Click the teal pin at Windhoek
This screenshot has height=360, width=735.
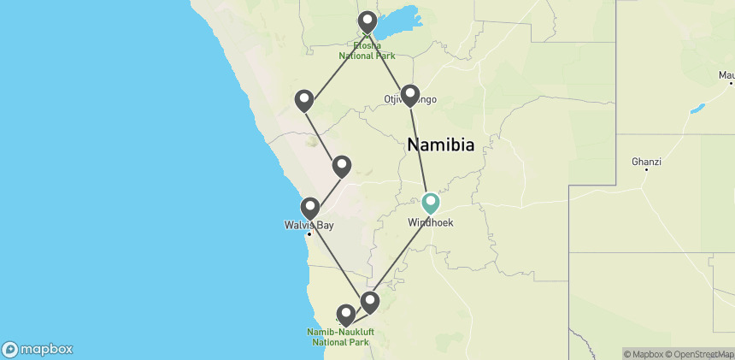pyautogui.click(x=431, y=202)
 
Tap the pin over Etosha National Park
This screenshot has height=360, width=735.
pyautogui.click(x=367, y=21)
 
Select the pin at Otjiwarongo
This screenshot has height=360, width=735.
pyautogui.click(x=410, y=94)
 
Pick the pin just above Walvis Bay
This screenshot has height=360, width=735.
pyautogui.click(x=310, y=207)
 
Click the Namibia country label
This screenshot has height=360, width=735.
pyautogui.click(x=440, y=145)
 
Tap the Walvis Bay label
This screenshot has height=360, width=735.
pyautogui.click(x=309, y=226)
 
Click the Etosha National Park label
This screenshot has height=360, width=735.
pyautogui.click(x=367, y=50)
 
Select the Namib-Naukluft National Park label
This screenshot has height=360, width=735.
pyautogui.click(x=340, y=337)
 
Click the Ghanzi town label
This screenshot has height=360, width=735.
pyautogui.click(x=646, y=161)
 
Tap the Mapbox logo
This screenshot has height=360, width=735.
pyautogui.click(x=38, y=349)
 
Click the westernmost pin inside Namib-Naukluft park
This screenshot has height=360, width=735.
pyautogui.click(x=346, y=315)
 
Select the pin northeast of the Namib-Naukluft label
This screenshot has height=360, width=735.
pyautogui.click(x=370, y=301)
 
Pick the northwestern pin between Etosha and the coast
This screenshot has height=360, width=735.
pyautogui.click(x=303, y=100)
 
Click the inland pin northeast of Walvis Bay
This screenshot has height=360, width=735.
pyautogui.click(x=342, y=164)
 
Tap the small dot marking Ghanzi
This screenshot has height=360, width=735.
pyautogui.click(x=646, y=169)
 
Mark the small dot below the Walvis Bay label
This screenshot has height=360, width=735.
pyautogui.click(x=309, y=233)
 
